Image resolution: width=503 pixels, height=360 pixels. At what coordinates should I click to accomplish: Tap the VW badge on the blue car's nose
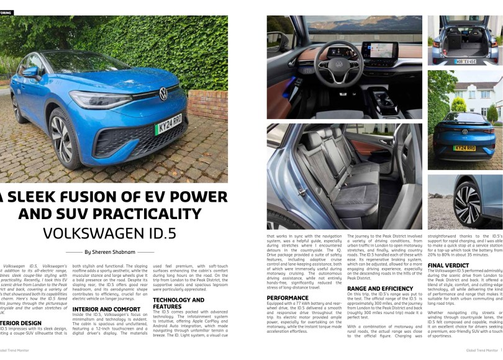point(163,93)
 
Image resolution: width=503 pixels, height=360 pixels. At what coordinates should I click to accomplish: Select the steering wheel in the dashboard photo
point(339,64)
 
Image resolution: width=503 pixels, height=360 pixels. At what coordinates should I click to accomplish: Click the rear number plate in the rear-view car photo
point(464,148)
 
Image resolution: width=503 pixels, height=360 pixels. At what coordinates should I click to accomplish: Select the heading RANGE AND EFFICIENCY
point(379,289)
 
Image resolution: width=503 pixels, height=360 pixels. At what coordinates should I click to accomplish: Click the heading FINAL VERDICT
point(448,265)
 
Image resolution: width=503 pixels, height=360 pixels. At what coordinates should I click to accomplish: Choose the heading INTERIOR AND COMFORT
point(106,308)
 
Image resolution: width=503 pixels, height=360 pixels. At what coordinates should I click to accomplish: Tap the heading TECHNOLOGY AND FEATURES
point(178,303)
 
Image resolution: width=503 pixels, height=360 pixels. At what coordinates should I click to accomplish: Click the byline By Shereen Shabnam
point(110,252)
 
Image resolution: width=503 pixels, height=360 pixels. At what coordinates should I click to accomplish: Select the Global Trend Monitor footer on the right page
point(481,350)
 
